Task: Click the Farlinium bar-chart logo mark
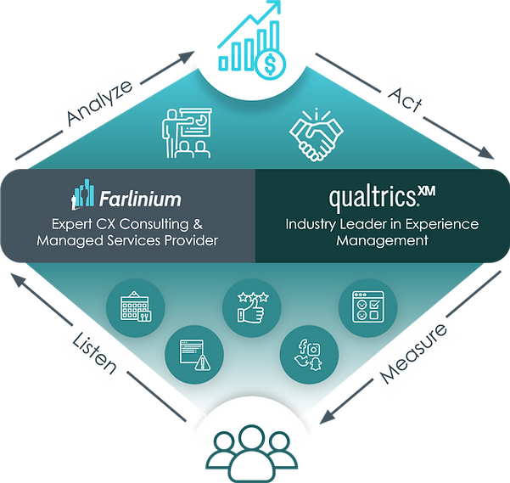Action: [82, 196]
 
